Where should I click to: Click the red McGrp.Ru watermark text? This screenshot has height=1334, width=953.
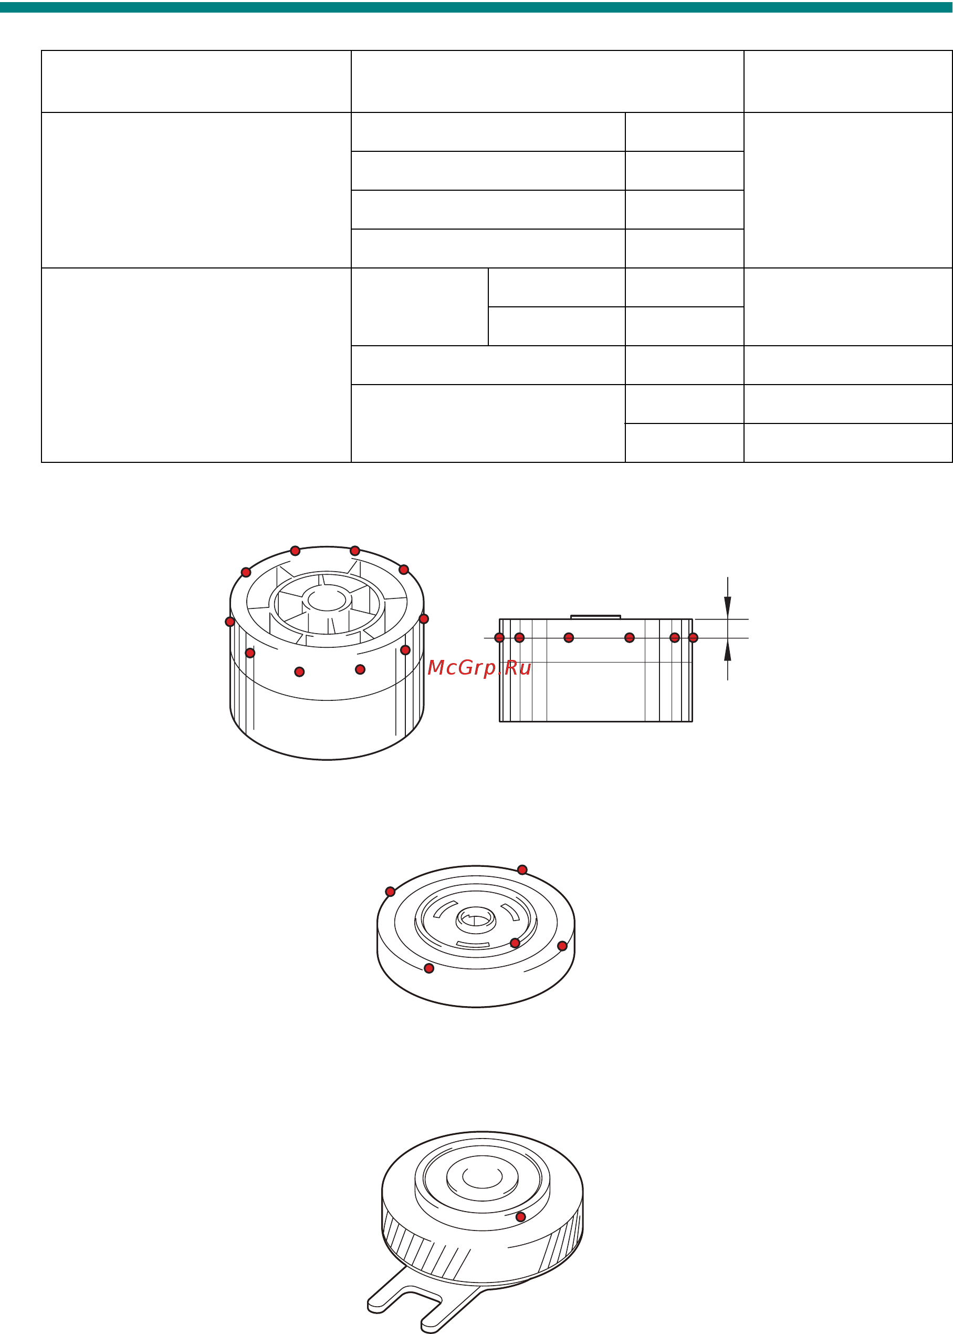tap(479, 668)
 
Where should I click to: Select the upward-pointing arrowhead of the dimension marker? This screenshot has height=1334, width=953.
tap(728, 650)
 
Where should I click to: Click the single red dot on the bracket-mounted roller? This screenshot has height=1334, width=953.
tap(520, 1216)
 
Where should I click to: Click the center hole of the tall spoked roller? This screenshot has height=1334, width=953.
tap(327, 601)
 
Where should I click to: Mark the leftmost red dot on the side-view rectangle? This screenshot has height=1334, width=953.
tap(499, 638)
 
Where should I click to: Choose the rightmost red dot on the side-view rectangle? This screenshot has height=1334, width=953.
tap(693, 638)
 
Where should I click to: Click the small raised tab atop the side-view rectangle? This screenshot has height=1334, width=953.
tap(595, 617)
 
